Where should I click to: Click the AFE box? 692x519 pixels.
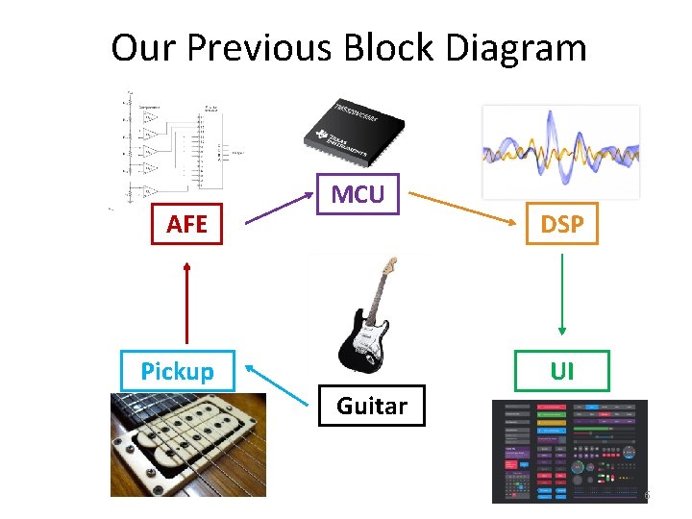pyautogui.click(x=186, y=225)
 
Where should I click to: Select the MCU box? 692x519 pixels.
pyautogui.click(x=358, y=194)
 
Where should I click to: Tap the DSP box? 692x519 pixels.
pyautogui.click(x=562, y=224)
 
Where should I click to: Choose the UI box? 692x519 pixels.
pyautogui.click(x=562, y=371)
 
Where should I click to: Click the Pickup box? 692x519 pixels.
pyautogui.click(x=177, y=371)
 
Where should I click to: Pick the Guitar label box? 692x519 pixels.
pyautogui.click(x=371, y=407)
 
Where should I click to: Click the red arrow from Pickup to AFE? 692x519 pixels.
pyautogui.click(x=186, y=304)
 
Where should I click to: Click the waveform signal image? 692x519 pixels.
pyautogui.click(x=560, y=151)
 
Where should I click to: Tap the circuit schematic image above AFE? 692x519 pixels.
pyautogui.click(x=173, y=149)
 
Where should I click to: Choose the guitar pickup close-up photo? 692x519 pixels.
pyautogui.click(x=187, y=444)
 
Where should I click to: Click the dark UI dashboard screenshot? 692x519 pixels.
pyautogui.click(x=570, y=451)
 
